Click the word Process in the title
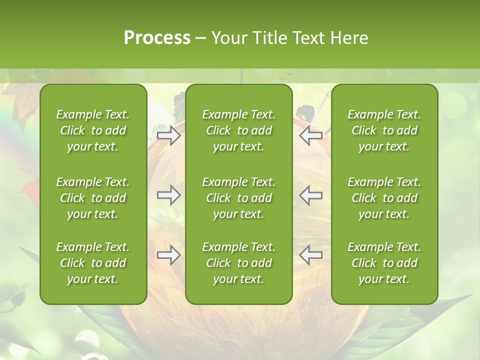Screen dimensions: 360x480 click(x=157, y=38)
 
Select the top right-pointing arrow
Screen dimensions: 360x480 click(x=169, y=135)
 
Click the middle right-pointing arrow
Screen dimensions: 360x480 click(x=169, y=195)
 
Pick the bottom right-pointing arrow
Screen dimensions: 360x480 click(x=169, y=255)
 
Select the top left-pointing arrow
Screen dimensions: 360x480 click(x=311, y=135)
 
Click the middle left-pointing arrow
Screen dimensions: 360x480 click(x=311, y=195)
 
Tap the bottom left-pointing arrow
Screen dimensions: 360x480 click(x=311, y=255)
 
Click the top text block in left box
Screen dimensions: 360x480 click(x=93, y=130)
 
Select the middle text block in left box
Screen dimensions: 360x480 click(x=93, y=198)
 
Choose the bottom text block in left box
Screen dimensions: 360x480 click(x=93, y=263)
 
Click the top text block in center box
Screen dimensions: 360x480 click(x=238, y=130)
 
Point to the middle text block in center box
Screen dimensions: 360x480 click(x=238, y=198)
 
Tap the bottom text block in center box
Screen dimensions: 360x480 click(x=238, y=263)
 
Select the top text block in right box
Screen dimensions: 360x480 click(x=384, y=130)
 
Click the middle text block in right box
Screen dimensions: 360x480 click(x=384, y=198)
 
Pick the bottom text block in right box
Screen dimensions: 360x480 click(x=384, y=263)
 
